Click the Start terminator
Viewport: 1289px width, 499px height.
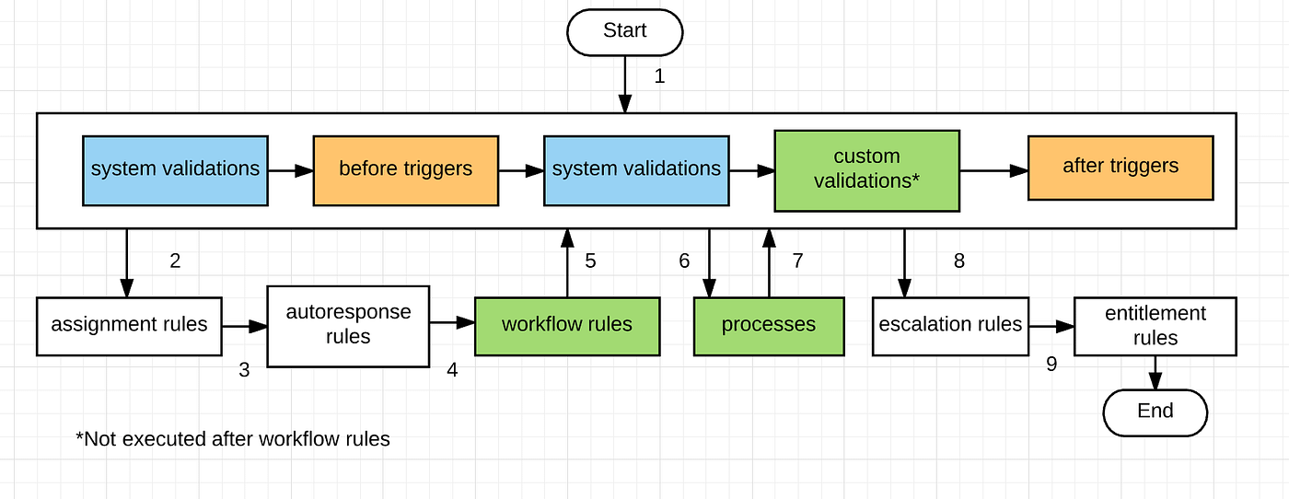(x=624, y=31)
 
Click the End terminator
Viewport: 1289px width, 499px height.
(x=1155, y=412)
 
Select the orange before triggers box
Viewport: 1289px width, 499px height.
(x=405, y=169)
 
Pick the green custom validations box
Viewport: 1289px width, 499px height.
(x=866, y=169)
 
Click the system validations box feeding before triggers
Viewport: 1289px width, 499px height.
(x=175, y=169)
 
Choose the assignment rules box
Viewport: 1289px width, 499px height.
(x=129, y=325)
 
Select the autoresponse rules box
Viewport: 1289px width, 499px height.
(x=347, y=325)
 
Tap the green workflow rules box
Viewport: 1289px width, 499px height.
(x=566, y=325)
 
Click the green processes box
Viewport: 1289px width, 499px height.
(x=768, y=325)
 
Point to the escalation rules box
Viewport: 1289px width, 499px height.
(x=950, y=325)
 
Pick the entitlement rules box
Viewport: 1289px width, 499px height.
(x=1155, y=325)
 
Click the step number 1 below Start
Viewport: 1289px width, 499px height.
(x=659, y=76)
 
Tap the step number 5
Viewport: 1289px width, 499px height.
(x=590, y=261)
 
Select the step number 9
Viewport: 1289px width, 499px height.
(x=1051, y=365)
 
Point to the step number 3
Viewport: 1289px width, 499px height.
(x=244, y=371)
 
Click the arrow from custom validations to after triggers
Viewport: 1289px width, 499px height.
(x=993, y=170)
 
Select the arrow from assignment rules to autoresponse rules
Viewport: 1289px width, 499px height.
(x=244, y=326)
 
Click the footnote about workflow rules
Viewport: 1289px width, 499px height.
(x=233, y=439)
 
